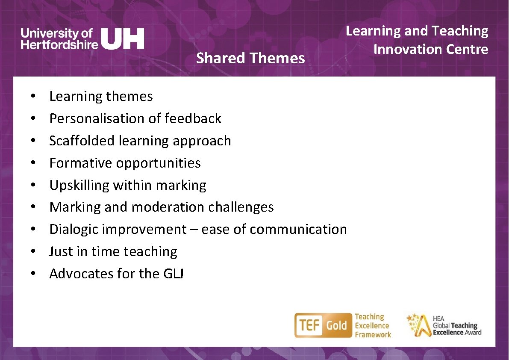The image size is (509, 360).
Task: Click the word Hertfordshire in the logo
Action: [59, 44]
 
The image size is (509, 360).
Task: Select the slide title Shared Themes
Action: [250, 58]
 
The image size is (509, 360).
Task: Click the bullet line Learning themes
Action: [101, 96]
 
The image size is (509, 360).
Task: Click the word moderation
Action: [168, 207]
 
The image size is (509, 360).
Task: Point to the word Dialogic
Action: [74, 229]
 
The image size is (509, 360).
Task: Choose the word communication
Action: [298, 229]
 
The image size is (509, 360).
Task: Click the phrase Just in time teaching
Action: [113, 251]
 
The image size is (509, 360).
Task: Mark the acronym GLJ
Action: [174, 274]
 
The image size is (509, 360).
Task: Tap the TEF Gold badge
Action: [321, 325]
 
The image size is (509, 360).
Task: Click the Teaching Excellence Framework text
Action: [372, 326]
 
